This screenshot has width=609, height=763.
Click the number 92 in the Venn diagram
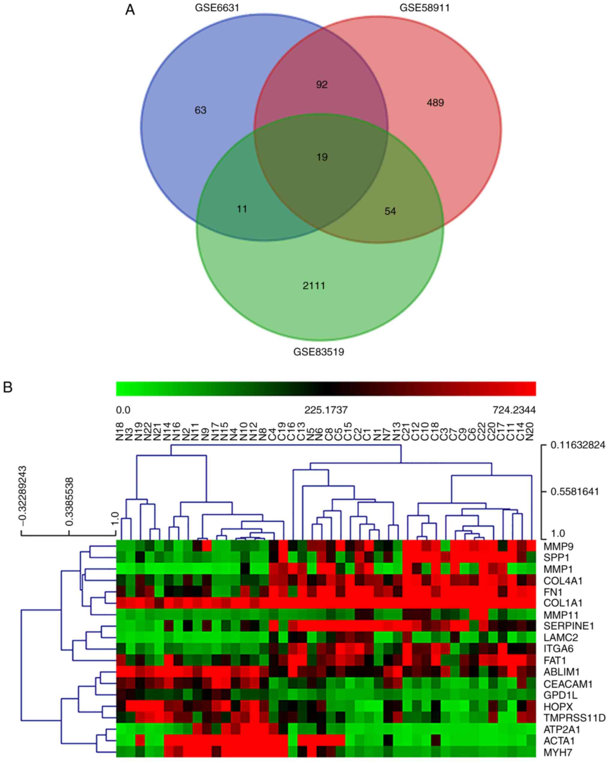(x=322, y=85)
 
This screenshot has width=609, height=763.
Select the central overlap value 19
(x=322, y=157)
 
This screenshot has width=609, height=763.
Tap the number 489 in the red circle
(x=435, y=103)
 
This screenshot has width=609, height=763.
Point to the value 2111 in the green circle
(x=314, y=286)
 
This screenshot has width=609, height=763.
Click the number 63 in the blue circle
(x=200, y=110)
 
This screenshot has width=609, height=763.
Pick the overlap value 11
(x=242, y=209)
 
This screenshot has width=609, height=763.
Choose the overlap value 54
(x=390, y=211)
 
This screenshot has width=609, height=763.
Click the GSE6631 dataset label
(x=217, y=7)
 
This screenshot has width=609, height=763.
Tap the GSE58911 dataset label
(x=424, y=7)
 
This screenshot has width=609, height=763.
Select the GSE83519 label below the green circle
(x=319, y=352)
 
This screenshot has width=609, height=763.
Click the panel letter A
(x=130, y=10)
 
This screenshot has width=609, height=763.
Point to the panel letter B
(x=7, y=387)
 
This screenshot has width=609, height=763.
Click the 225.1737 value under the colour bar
(x=326, y=410)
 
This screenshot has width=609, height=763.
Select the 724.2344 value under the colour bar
(x=514, y=410)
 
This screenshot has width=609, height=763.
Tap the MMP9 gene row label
(x=558, y=546)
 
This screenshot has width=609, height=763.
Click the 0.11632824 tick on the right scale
(x=578, y=445)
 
